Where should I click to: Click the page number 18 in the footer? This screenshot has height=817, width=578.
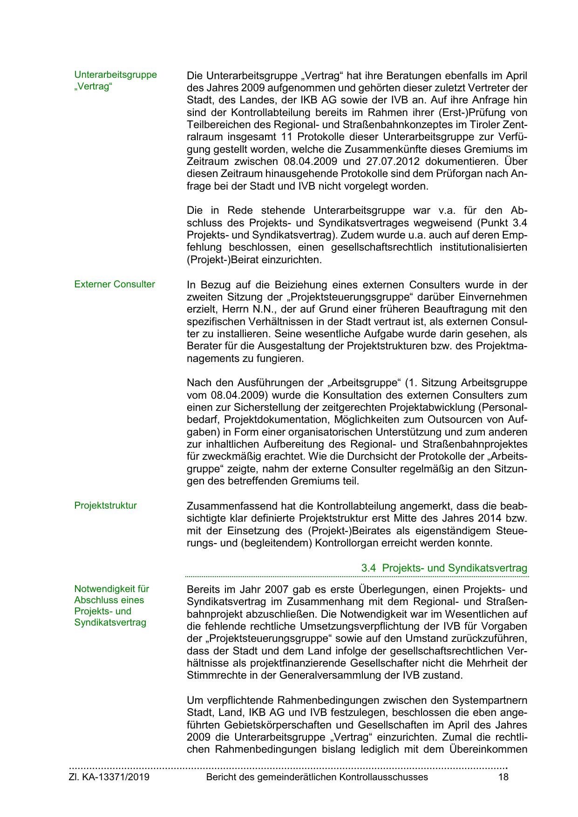(x=503, y=777)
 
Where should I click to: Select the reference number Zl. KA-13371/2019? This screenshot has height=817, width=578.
(x=109, y=777)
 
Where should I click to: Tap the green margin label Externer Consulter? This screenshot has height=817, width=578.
(x=115, y=284)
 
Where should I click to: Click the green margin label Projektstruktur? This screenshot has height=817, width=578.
(x=106, y=505)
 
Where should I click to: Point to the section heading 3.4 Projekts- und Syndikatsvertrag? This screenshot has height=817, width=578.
(x=444, y=568)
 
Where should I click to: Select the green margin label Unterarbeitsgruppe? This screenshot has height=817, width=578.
(x=116, y=75)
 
